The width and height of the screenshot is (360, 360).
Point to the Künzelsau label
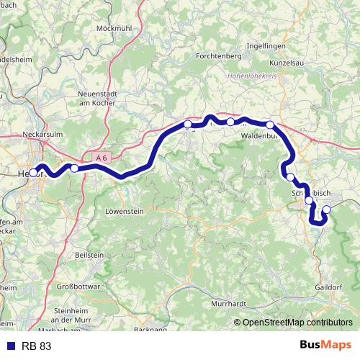(292, 63)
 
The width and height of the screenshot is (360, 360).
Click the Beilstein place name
(89, 255)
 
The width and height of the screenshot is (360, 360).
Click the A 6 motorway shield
(101, 156)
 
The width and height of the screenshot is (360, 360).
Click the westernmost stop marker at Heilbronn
(33, 172)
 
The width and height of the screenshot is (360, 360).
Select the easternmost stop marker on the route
(326, 210)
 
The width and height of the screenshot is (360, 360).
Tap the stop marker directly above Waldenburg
(269, 125)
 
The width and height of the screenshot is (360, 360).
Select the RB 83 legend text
(36, 346)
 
